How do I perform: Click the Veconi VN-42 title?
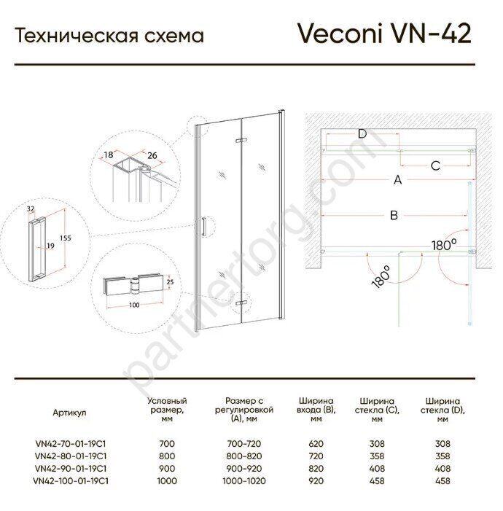(x=384, y=34)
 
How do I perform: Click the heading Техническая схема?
(x=109, y=36)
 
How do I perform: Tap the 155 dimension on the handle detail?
(x=65, y=238)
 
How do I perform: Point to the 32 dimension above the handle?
(x=31, y=209)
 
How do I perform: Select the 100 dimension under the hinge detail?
(x=134, y=305)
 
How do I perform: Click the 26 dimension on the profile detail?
(x=152, y=155)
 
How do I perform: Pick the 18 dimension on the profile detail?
(x=109, y=154)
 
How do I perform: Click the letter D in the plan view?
(x=362, y=133)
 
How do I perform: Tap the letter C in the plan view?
(x=435, y=166)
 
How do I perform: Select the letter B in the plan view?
(x=394, y=215)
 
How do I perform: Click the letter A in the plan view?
(x=398, y=179)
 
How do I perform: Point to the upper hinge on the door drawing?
(x=241, y=140)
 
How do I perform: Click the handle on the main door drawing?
(x=203, y=226)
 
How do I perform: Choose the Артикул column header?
(x=69, y=413)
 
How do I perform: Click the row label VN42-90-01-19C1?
(x=71, y=468)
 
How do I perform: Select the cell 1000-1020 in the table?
(x=244, y=480)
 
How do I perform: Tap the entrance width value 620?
(x=316, y=443)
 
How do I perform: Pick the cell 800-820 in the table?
(x=244, y=456)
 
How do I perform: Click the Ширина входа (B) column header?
(x=316, y=410)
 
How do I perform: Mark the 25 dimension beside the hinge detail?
(x=170, y=282)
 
